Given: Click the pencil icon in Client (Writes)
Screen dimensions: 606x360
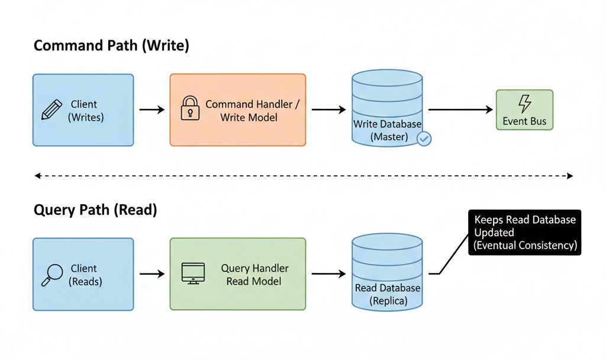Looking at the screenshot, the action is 51,110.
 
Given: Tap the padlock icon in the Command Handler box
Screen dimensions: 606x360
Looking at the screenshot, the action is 190,108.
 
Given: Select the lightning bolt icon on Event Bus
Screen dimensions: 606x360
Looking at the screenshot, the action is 524,104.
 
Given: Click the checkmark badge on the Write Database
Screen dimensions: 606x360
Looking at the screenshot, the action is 424,139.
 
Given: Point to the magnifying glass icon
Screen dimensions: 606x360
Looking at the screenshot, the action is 52,275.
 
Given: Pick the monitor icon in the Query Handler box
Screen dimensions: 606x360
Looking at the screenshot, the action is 193,274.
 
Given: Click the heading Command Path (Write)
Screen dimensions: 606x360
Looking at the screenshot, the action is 111,46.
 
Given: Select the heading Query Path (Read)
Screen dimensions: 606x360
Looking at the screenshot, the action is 95,210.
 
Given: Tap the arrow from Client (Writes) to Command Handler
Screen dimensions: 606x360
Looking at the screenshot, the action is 152,110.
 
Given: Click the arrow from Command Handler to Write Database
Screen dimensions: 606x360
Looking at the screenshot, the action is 328,110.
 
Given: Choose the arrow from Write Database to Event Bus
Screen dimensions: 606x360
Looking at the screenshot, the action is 460,110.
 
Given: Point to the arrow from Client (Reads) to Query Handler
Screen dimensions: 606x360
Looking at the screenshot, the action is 152,274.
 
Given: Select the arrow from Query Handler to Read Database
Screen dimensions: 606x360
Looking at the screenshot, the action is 328,274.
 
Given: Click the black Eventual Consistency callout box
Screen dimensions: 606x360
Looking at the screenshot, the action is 524,232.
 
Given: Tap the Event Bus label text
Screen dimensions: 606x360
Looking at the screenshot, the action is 524,121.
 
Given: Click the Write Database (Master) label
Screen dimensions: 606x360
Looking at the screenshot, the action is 387,130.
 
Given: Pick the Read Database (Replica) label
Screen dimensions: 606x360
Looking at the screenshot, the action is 388,294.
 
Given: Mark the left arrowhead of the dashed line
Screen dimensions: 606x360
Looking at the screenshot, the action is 37,176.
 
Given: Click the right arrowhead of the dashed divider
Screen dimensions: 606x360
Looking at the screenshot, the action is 570,176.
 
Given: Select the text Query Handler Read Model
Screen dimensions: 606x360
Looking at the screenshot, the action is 254,275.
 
